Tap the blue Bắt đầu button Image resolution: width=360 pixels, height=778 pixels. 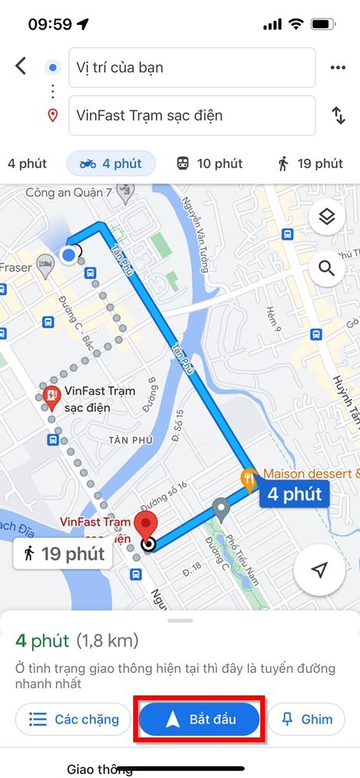(x=199, y=718)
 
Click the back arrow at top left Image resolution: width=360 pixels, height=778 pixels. (x=21, y=66)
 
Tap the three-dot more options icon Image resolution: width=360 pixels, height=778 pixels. (x=337, y=68)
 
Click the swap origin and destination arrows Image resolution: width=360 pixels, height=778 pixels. (x=338, y=115)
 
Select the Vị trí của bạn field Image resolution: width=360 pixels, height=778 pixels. (x=192, y=68)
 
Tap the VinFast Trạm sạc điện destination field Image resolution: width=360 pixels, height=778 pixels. (x=192, y=115)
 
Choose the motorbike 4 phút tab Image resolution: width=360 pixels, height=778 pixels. (x=111, y=164)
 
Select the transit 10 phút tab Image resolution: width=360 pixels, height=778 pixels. (x=209, y=164)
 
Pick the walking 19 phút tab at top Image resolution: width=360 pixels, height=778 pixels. (x=310, y=164)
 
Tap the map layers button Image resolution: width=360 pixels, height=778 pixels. (x=326, y=218)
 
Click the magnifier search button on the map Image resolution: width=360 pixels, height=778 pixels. (x=326, y=269)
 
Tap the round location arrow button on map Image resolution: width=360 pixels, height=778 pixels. (x=319, y=570)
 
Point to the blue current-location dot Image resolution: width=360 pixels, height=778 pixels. (x=70, y=254)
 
